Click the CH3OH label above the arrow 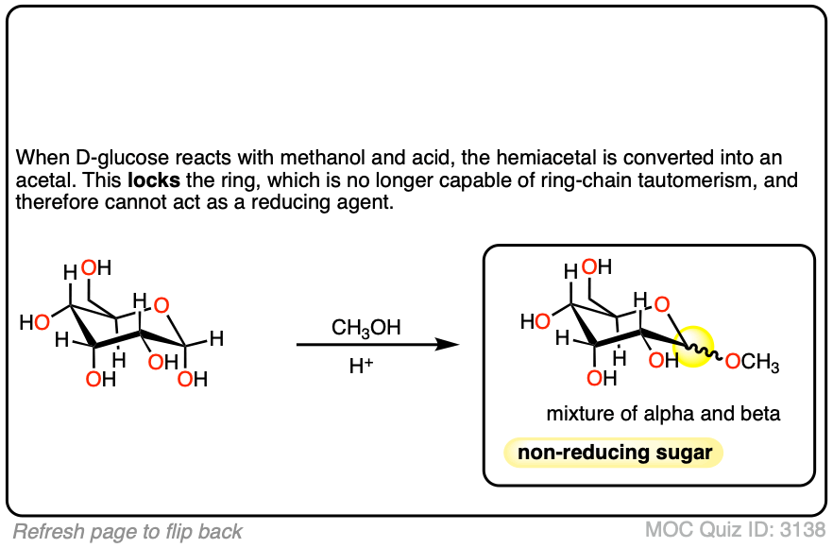[x=366, y=328]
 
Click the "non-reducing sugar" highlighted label [x=615, y=453]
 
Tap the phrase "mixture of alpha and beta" [x=662, y=414]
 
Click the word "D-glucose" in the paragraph [x=102, y=157]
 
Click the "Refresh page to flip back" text [x=127, y=531]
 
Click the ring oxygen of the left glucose [x=162, y=304]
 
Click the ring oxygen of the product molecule [x=662, y=304]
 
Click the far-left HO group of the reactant [x=34, y=322]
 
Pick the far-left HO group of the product [x=535, y=322]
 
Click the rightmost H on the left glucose [x=215, y=337]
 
